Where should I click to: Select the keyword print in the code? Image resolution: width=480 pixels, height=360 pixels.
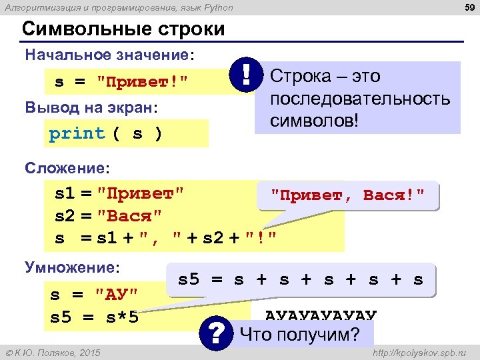(77, 133)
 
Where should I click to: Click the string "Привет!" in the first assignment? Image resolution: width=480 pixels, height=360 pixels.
(142, 82)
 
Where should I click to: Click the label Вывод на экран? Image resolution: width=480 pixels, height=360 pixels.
(91, 107)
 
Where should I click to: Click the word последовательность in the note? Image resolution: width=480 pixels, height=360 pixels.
(360, 99)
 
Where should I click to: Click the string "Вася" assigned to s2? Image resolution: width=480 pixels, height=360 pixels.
(129, 216)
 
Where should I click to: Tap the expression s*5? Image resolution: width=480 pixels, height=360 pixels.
(122, 317)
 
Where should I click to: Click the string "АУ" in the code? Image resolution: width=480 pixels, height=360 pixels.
(117, 293)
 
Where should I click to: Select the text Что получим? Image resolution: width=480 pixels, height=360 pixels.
(299, 334)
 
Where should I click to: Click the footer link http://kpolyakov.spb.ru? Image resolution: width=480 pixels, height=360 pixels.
(418, 351)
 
